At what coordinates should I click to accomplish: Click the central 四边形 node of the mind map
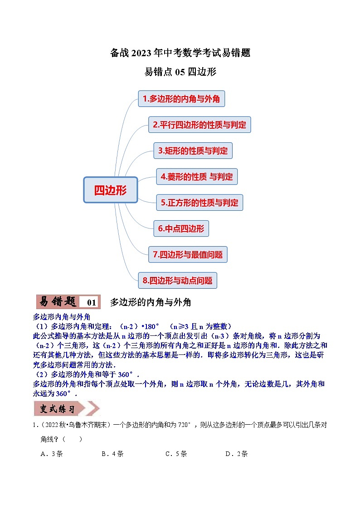point(110,190)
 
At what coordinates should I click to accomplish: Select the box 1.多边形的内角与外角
point(181,99)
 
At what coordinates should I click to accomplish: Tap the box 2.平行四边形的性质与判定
point(199,125)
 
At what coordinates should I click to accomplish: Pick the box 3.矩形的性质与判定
point(193,150)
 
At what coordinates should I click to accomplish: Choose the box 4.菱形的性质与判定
point(197,177)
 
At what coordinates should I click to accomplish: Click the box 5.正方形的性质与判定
point(199,203)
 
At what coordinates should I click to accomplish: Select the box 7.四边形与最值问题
point(188,255)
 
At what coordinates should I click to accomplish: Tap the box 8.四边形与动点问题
point(177,281)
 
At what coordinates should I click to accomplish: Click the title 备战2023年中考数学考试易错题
point(180,53)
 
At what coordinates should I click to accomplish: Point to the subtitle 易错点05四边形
point(180,72)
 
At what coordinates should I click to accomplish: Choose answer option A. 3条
point(52,454)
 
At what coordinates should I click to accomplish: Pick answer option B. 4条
point(112,454)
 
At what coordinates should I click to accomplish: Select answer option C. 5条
point(176,454)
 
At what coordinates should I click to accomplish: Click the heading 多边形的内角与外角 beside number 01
point(151,302)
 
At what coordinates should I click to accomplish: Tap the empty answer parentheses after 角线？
point(73,439)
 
